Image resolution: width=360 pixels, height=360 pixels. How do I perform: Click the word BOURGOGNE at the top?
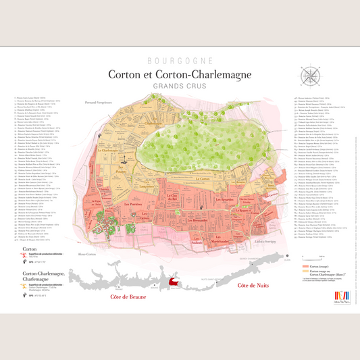(180, 60)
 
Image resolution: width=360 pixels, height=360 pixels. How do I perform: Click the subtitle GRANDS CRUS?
(180, 86)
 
